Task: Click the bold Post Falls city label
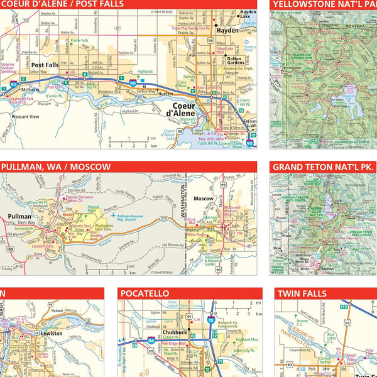tap(45, 65)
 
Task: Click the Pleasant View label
tap(25, 117)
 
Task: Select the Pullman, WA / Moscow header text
tap(57, 167)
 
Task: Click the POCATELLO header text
tap(145, 293)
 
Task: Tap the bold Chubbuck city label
tap(172, 332)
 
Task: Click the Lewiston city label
tap(53, 334)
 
